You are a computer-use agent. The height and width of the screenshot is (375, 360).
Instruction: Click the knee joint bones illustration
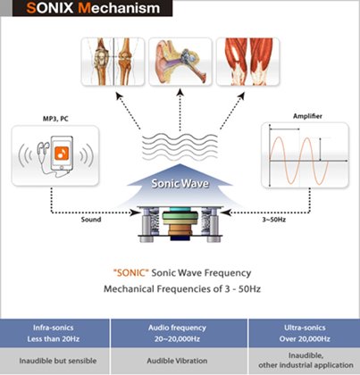[113, 62]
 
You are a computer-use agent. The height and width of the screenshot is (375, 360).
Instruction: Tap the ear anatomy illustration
[180, 62]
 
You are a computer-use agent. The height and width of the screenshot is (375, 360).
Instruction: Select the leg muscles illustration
[247, 62]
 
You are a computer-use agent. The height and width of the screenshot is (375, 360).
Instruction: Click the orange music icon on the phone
[62, 153]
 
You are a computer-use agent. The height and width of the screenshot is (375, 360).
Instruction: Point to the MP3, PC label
[55, 119]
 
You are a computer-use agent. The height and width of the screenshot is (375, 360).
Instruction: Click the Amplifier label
[307, 116]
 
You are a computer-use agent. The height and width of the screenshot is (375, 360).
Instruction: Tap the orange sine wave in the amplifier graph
[298, 161]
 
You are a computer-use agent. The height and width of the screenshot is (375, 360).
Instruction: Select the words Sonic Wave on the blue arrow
[180, 183]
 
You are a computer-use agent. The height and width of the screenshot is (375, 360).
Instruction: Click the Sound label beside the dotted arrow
[91, 220]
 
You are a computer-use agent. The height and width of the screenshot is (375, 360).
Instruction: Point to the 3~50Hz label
[274, 220]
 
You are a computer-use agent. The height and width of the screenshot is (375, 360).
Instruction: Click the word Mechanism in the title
[119, 8]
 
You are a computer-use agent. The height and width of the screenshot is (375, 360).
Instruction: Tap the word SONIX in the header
[50, 8]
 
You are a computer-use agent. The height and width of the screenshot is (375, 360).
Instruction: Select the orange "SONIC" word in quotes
[130, 272]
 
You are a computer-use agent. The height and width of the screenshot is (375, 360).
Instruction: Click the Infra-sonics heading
[54, 328]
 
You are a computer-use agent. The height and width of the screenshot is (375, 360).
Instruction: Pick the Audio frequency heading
[177, 328]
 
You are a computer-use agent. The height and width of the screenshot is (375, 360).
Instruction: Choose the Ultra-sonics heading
[305, 328]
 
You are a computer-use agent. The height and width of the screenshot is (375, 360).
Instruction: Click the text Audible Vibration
[177, 361]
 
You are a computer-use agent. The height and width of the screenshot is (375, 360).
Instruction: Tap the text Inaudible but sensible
[58, 361]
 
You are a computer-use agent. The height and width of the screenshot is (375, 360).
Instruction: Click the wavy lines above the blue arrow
[180, 146]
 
